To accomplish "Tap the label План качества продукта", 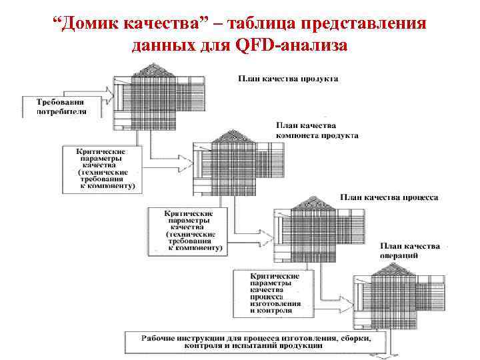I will click(288, 78).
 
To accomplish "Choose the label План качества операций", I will click(409, 251).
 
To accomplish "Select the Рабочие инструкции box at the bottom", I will click(256, 342).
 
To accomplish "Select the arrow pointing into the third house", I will click(257, 221).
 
